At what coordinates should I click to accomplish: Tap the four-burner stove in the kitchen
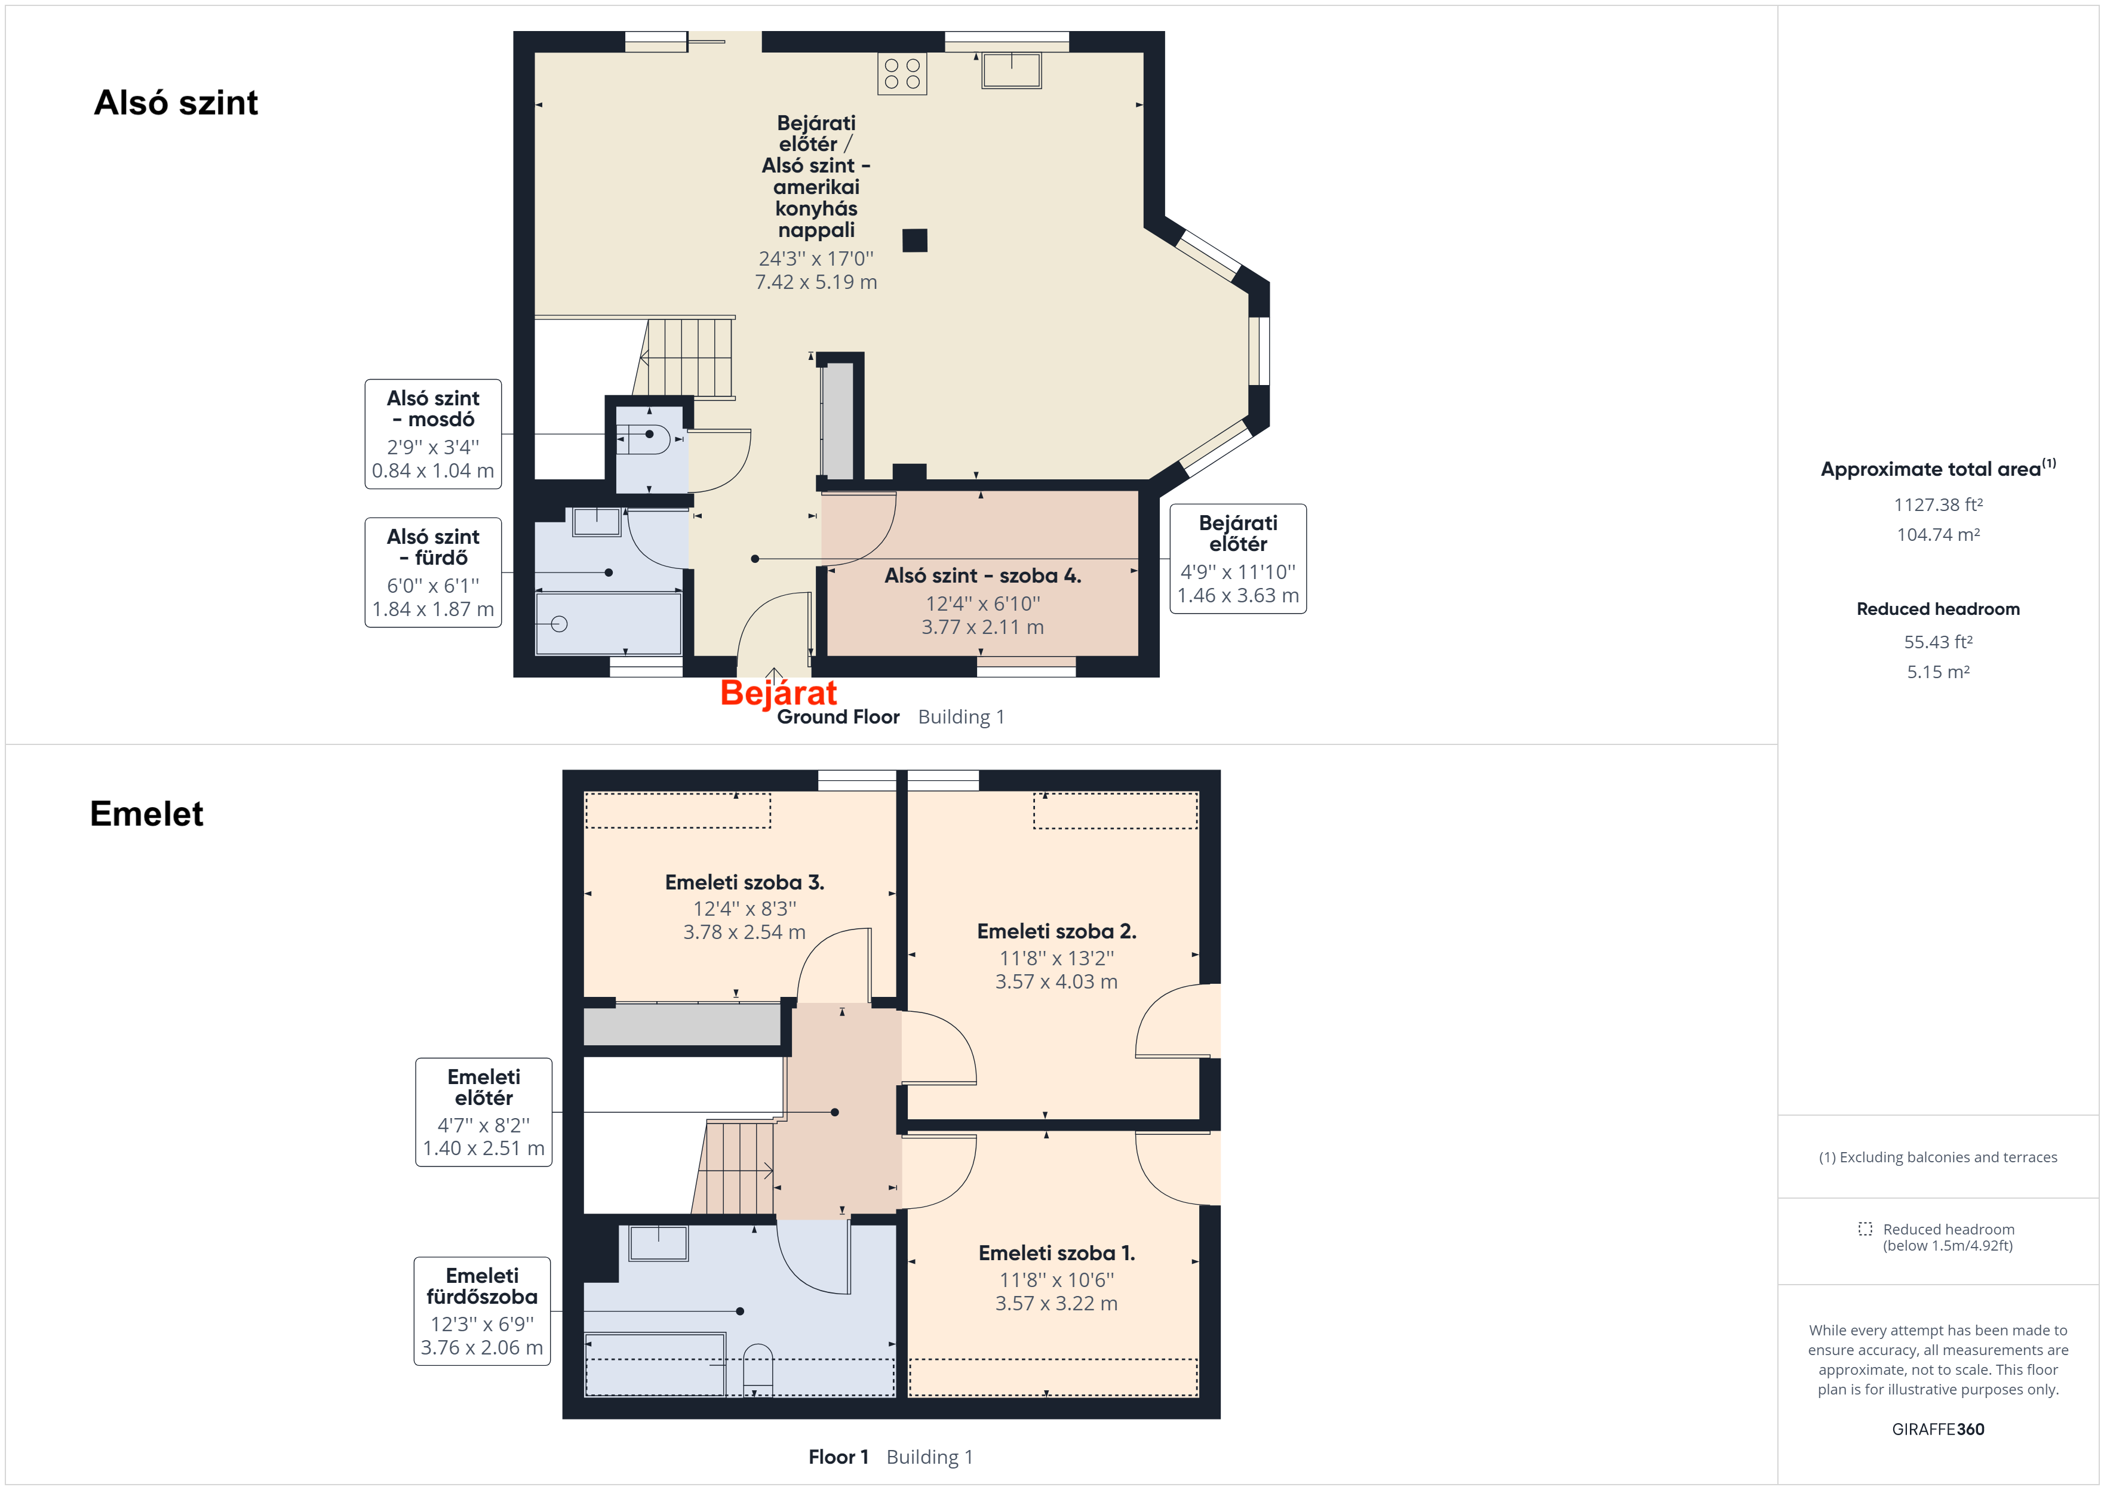click(902, 73)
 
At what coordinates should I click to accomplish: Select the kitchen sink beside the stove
click(1011, 70)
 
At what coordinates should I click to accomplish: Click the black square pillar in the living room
click(915, 241)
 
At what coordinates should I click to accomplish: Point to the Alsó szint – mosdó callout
click(433, 434)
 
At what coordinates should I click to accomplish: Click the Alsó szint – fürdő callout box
click(433, 572)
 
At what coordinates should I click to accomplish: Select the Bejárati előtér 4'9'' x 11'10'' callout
click(1238, 559)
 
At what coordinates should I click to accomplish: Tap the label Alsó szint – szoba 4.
click(983, 575)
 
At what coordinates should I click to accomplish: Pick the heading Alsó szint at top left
click(176, 103)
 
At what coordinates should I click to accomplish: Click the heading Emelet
click(147, 814)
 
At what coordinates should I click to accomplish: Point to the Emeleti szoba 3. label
click(744, 883)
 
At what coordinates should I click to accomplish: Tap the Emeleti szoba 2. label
click(1056, 931)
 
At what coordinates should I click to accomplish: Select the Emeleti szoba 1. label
click(1056, 1253)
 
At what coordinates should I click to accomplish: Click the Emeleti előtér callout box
click(484, 1112)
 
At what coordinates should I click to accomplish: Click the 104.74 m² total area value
click(1938, 535)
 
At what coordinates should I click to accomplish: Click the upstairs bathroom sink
click(659, 1243)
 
